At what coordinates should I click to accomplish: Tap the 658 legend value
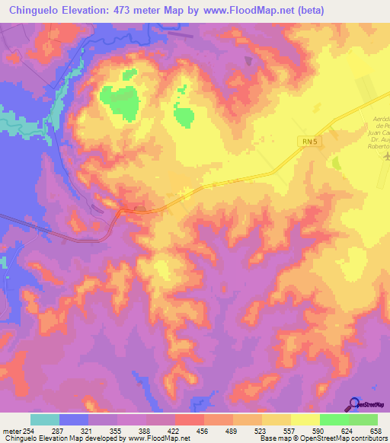(x=375, y=432)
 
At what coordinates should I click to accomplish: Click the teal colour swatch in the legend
(x=45, y=419)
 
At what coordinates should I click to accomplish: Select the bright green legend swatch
(x=334, y=419)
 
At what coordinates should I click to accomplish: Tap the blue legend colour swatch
(x=74, y=419)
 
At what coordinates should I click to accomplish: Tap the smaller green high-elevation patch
(x=184, y=116)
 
